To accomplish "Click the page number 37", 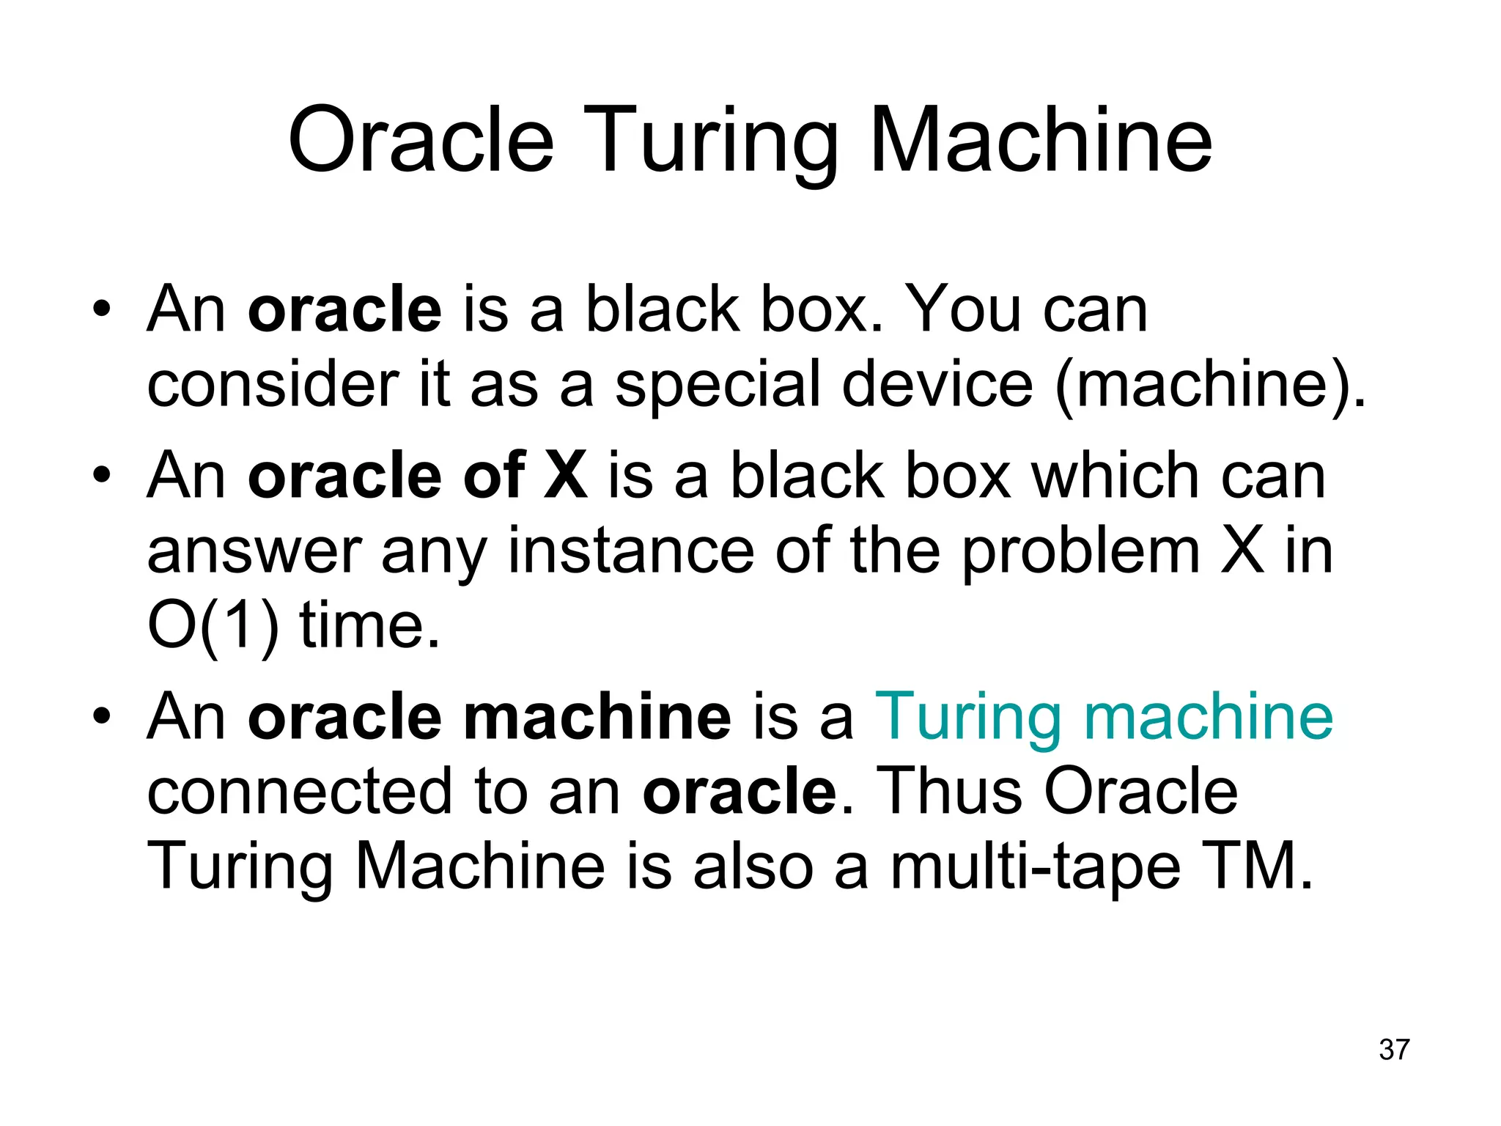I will pos(1394,1050).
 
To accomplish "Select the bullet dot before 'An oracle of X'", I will pos(101,474).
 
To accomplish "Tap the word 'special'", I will pos(717,384).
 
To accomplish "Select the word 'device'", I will pos(937,384).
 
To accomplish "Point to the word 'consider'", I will pos(273,384).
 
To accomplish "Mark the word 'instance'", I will pos(630,551).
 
